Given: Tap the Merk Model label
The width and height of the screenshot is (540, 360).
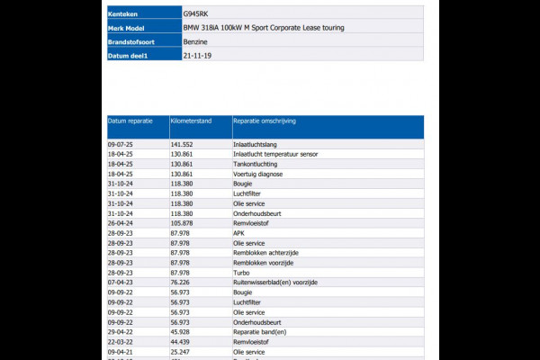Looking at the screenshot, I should (x=127, y=28).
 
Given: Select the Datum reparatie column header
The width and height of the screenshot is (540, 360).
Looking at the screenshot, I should (x=130, y=120).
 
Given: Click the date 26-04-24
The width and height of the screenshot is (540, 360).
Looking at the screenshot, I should (x=121, y=222).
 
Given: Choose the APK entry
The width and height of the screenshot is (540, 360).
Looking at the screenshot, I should (x=238, y=232).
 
